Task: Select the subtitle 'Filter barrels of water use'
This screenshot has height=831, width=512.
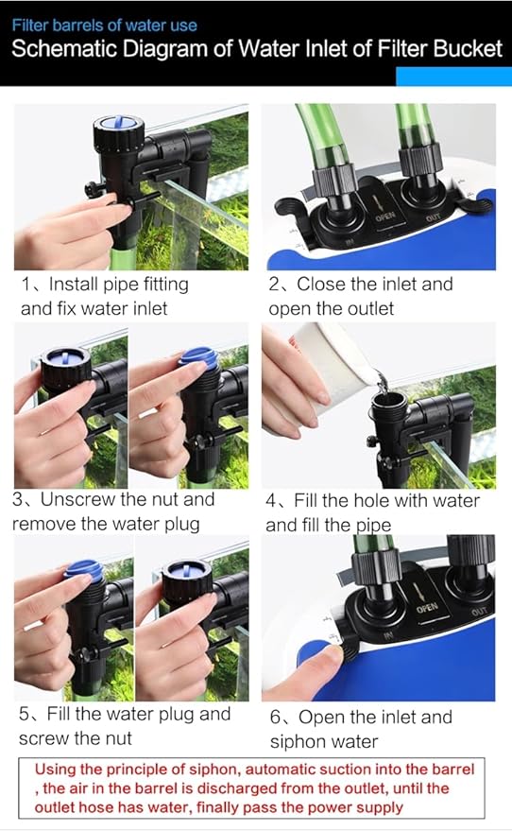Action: pyautogui.click(x=104, y=25)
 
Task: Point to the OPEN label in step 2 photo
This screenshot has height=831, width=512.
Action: pyautogui.click(x=385, y=216)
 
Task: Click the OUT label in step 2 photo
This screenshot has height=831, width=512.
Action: pyautogui.click(x=433, y=217)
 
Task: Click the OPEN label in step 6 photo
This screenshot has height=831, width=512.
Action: pyautogui.click(x=427, y=608)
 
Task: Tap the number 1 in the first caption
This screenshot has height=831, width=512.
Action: pyautogui.click(x=26, y=285)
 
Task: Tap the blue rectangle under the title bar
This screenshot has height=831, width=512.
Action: pyautogui.click(x=453, y=77)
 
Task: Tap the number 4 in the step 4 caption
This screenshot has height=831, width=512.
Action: pyautogui.click(x=271, y=501)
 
